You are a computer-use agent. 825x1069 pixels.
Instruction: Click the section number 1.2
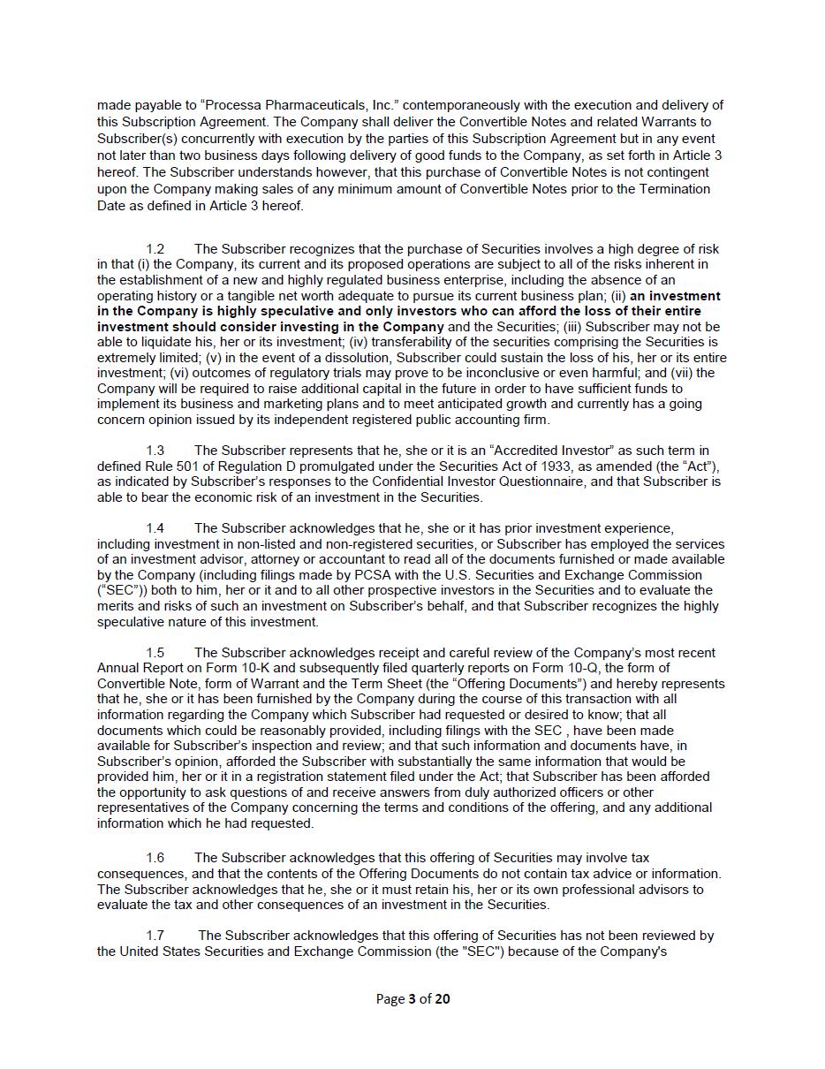click(155, 249)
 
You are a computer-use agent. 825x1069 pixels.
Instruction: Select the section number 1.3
click(155, 451)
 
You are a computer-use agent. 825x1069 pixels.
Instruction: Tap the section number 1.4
click(155, 528)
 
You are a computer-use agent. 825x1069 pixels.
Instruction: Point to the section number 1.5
click(155, 653)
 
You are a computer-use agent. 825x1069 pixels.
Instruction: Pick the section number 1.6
click(155, 858)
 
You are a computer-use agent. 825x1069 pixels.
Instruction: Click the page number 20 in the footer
click(443, 999)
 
